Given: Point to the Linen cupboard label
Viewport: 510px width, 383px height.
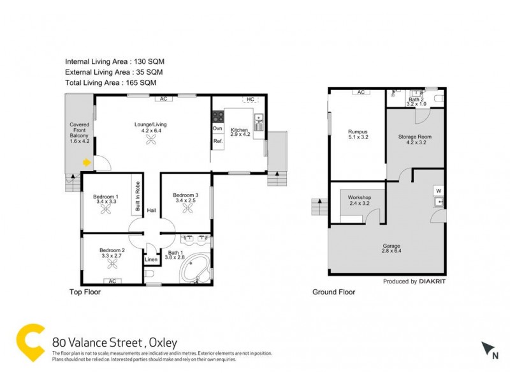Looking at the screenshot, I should pos(151,260).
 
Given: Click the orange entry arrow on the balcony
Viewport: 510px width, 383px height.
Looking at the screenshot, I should pos(87,163).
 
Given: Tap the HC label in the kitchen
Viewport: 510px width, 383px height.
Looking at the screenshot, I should pos(250,100).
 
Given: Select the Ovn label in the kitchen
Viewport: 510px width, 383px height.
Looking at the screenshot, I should pos(217,129).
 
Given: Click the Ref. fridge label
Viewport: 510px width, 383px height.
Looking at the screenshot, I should pos(217,141).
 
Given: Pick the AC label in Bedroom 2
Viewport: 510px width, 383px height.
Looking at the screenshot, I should pos(112,281).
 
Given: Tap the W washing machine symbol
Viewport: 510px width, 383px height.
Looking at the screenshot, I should pos(438,190).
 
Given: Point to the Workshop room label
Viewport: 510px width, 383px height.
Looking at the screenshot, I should pos(359,198).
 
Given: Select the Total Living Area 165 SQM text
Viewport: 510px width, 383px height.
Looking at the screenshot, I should pos(110,83).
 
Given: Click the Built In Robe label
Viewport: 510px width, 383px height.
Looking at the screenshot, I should pos(137,197).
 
